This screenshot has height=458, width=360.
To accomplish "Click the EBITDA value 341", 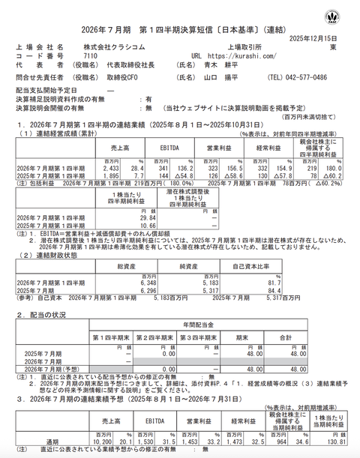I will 163,170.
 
